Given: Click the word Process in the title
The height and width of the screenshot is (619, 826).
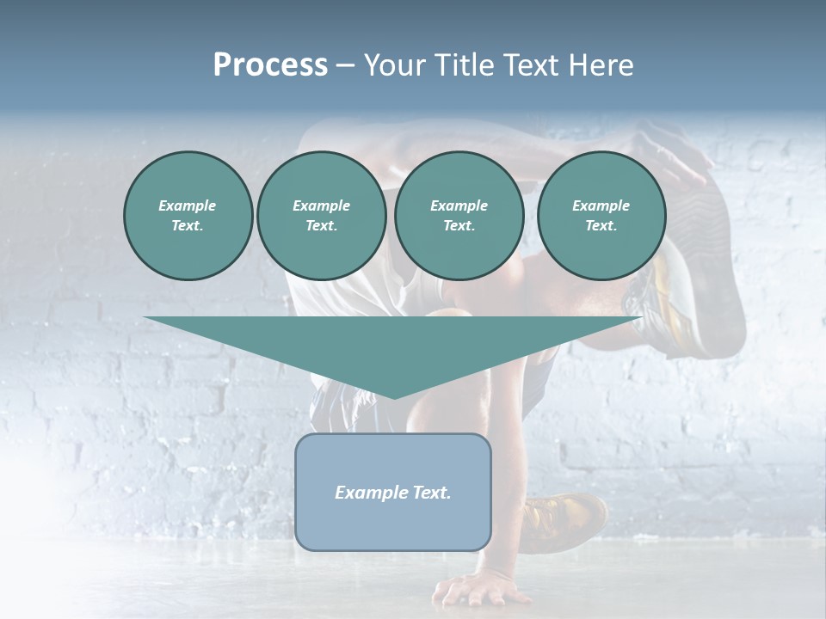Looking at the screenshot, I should tap(270, 65).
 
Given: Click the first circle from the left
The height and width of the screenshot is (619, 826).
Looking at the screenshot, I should tap(188, 216).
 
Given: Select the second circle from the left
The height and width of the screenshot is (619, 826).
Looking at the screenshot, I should tap(322, 216).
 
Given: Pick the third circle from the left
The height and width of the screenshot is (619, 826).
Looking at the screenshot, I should tap(459, 216).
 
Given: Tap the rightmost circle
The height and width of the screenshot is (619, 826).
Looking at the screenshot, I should tap(601, 216).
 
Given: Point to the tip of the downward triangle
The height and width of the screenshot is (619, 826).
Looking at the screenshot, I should tap(393, 396).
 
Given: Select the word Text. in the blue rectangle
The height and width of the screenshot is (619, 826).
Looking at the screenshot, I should tap(432, 493).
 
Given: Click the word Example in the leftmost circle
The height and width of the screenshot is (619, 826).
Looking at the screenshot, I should tap(188, 205).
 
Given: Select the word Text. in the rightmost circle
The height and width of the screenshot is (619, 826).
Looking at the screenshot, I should tap(601, 226).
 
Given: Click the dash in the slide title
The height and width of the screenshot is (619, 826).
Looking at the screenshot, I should tap(345, 65).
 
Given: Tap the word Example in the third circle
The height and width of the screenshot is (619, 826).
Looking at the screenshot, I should tap(459, 205).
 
